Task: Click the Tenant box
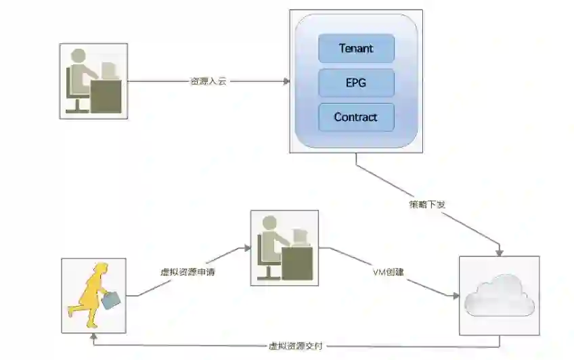[356, 49]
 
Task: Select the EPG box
[356, 83]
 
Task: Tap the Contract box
[356, 117]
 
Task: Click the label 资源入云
[208, 81]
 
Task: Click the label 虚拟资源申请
[184, 274]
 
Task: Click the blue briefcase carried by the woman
[114, 298]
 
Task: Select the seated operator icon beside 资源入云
[93, 81]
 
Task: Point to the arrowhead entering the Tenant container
[286, 81]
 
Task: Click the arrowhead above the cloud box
[500, 252]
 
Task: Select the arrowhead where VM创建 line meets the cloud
[455, 295]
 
